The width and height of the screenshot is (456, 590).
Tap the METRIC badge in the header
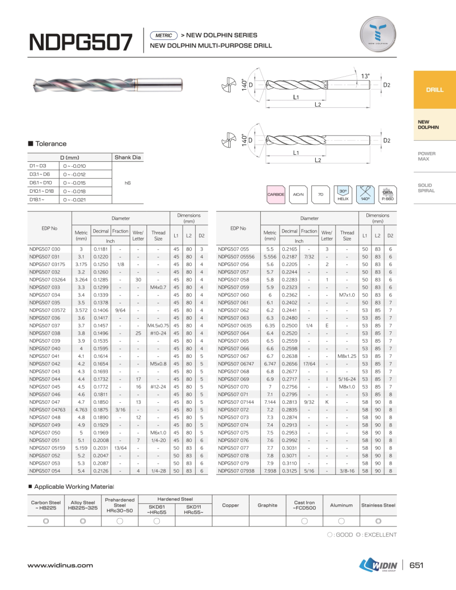[164, 35]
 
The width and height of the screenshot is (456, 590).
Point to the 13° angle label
[365, 76]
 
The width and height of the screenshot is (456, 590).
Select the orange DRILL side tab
[434, 90]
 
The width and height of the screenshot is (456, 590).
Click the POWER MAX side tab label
[426, 156]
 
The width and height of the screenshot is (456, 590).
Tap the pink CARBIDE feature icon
[276, 195]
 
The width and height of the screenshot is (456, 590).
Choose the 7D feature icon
[321, 195]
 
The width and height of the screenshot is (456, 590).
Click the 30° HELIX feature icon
[343, 195]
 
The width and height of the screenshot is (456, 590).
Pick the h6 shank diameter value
[128, 183]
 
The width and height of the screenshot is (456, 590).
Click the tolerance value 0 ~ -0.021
[74, 200]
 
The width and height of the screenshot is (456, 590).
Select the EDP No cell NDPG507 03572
[47, 310]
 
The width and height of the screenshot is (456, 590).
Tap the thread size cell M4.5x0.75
[158, 325]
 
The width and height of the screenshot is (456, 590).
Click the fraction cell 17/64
[309, 364]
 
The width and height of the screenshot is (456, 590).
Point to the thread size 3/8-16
[347, 471]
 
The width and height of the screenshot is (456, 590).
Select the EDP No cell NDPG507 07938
[236, 471]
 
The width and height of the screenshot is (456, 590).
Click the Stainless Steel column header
[378, 505]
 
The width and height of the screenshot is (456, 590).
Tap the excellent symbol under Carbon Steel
[46, 521]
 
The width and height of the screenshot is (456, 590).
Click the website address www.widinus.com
[60, 565]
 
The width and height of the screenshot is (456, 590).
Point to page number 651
[417, 565]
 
